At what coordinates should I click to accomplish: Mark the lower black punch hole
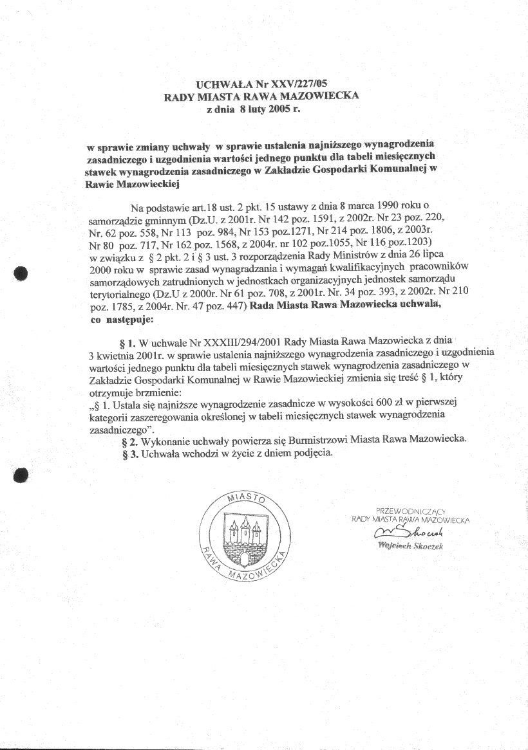tap(22, 475)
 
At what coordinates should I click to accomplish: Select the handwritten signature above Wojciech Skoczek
tap(412, 532)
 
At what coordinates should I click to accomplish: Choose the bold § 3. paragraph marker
tap(130, 453)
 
